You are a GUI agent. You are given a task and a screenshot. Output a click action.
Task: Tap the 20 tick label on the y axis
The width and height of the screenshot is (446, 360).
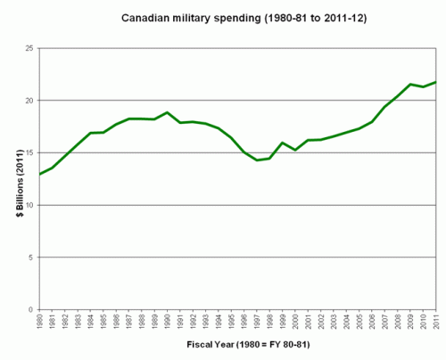(29, 101)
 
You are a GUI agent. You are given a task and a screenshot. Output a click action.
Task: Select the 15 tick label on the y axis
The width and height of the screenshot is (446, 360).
(29, 152)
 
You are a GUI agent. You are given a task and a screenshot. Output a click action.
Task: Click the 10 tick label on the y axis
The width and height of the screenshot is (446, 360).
(29, 205)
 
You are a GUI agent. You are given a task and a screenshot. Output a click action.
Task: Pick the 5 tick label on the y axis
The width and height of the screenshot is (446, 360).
(31, 258)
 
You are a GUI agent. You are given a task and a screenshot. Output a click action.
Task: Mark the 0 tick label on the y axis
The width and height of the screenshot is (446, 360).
(31, 310)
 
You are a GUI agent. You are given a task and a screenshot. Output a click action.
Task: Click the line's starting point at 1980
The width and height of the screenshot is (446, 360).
(40, 174)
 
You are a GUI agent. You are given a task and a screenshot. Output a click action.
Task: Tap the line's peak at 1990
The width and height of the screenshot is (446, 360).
(168, 112)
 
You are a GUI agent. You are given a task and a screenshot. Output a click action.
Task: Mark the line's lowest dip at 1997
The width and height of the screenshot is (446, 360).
(257, 160)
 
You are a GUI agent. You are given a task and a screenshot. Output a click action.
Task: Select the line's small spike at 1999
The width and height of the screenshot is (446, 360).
(282, 143)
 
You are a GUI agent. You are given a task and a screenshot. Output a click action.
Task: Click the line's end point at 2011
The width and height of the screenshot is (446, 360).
(435, 82)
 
